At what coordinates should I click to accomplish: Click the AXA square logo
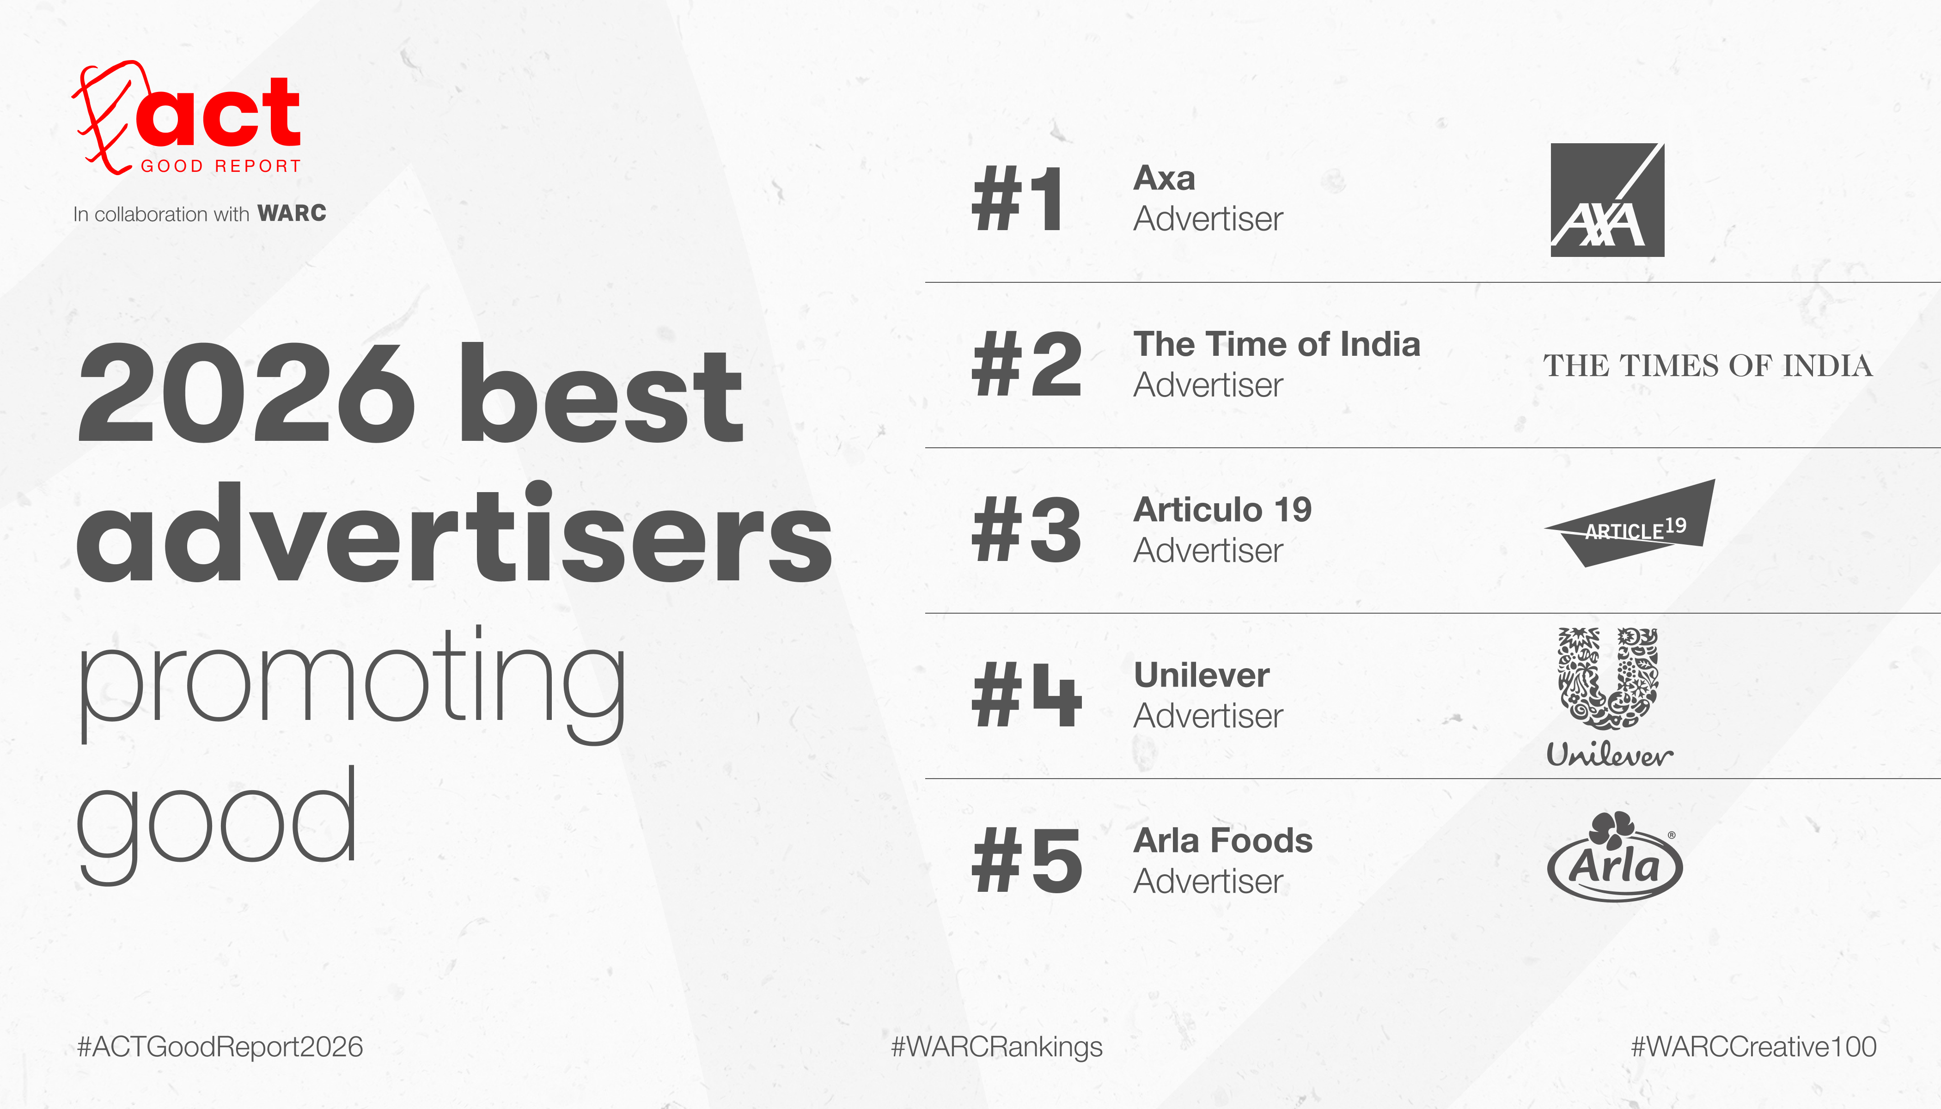(1607, 200)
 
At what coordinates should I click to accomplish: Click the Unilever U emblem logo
(1607, 678)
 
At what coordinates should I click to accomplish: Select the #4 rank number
(1026, 695)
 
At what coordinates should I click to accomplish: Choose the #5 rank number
(1026, 861)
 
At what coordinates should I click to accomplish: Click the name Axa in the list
(1164, 178)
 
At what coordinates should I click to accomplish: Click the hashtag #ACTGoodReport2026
(220, 1047)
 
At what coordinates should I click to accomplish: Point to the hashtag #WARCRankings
(996, 1047)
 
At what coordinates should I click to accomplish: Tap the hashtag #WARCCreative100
(1754, 1047)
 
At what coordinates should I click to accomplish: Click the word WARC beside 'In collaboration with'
(292, 213)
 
